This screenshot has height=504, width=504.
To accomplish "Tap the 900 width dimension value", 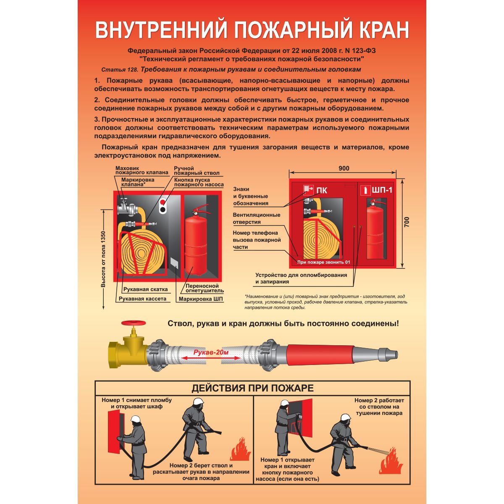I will [344, 168].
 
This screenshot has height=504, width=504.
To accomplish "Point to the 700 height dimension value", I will [406, 222].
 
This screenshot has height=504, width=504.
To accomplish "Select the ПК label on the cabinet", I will [321, 190].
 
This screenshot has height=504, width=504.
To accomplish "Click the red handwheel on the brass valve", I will [133, 323].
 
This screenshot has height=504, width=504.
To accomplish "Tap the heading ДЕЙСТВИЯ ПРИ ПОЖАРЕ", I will [252, 388].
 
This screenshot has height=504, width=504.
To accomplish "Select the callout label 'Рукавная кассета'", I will [142, 299].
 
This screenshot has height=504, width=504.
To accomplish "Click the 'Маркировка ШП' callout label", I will [201, 299].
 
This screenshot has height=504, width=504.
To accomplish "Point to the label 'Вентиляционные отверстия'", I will [256, 218].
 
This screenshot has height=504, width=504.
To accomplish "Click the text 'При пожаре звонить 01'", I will [323, 262].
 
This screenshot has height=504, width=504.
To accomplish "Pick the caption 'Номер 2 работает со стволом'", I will [379, 407].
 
